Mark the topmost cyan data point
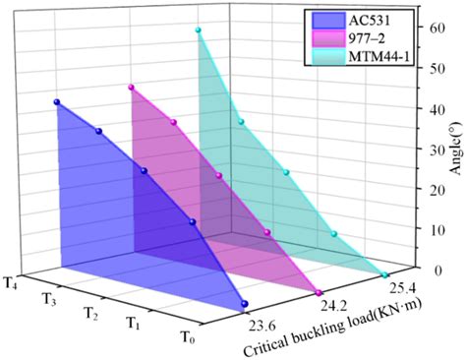pyautogui.click(x=198, y=30)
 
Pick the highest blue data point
pyautogui.click(x=57, y=102)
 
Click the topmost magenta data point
pyautogui.click(x=131, y=88)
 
